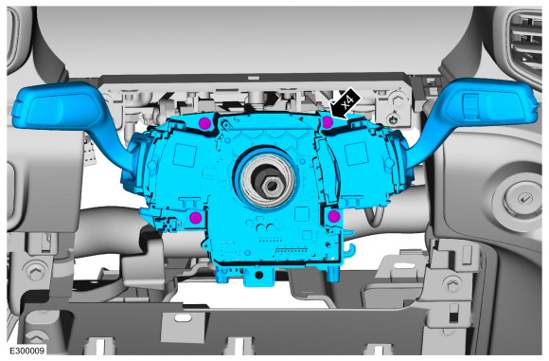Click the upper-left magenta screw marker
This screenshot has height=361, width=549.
tap(204, 123)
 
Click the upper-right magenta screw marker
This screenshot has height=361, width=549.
tap(328, 122)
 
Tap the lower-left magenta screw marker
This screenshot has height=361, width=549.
tap(195, 218)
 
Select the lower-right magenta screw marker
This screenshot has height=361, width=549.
tap(334, 216)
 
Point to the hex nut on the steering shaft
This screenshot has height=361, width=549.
tap(270, 185)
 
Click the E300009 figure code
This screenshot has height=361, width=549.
tap(27, 351)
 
